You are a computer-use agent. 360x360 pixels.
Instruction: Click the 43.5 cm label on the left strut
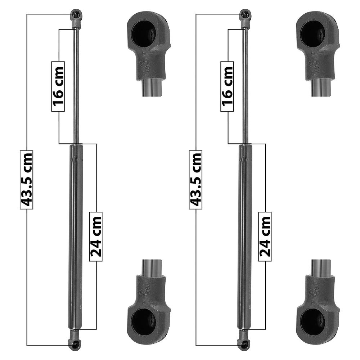27,180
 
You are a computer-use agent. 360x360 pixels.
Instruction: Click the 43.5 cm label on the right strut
195,180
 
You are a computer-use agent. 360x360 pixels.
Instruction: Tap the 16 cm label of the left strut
58,86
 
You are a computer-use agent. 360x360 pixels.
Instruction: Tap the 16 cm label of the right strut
227,86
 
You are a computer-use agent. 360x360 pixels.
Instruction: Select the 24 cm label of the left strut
96,237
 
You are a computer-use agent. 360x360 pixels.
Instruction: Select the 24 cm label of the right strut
265,237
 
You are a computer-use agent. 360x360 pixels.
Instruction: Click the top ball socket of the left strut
76,18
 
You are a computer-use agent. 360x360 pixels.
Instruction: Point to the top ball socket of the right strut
246,18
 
